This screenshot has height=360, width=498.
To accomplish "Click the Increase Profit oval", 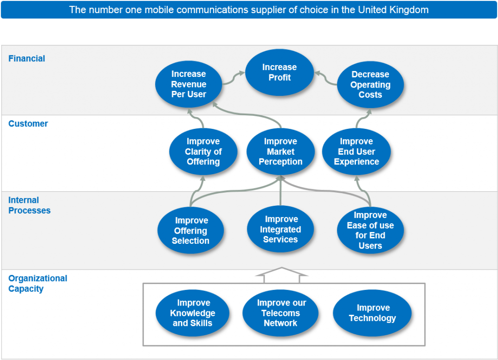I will (x=279, y=72).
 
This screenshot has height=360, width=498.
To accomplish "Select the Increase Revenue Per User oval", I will (x=189, y=84).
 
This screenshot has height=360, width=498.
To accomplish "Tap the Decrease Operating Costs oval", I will (x=370, y=85).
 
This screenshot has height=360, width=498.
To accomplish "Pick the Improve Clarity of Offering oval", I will (x=203, y=151).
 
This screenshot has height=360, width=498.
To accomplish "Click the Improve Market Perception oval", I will (x=281, y=151).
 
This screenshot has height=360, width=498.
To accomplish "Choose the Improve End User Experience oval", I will (x=356, y=151).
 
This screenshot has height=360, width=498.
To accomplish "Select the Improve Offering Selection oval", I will (x=191, y=231).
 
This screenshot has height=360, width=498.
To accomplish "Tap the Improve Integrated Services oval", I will (x=281, y=229).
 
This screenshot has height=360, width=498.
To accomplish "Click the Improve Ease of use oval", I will (x=370, y=230).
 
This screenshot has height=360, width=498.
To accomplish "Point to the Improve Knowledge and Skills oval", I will (x=193, y=313).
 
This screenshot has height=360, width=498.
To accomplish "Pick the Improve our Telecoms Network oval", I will (x=281, y=313).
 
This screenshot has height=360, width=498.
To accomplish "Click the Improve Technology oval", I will (x=373, y=313).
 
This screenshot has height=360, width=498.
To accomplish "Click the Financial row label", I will (x=27, y=58).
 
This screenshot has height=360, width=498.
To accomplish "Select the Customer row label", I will (x=28, y=124).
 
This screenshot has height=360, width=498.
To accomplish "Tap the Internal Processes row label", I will (x=29, y=205).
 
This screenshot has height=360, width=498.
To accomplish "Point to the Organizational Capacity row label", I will (x=37, y=284).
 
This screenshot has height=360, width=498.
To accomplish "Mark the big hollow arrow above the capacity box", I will (x=282, y=275).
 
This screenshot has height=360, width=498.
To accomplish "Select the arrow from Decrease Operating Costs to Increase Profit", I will (x=326, y=78).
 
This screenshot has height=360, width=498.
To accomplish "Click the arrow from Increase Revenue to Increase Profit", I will (x=232, y=78).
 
